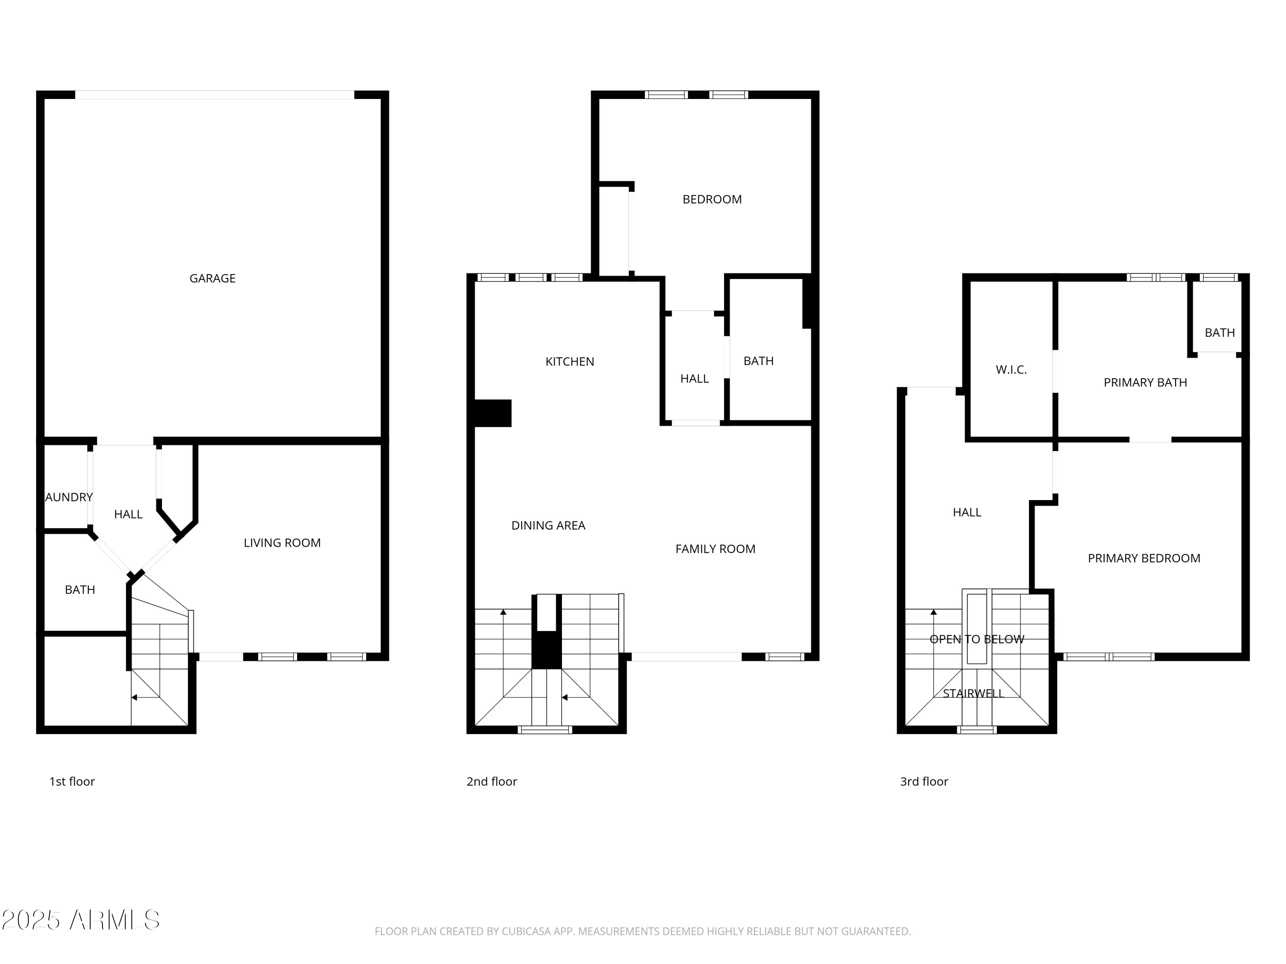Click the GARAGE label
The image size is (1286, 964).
212,278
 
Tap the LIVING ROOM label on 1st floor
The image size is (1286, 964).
282,543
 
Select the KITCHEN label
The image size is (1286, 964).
569,362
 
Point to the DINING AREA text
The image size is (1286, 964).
548,525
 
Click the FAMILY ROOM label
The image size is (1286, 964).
715,549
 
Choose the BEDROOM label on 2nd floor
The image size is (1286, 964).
712,199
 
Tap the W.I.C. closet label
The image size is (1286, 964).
1011,370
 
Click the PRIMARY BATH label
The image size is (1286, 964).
1145,382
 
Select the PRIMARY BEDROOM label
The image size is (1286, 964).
1144,558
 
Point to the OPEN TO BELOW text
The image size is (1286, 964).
977,639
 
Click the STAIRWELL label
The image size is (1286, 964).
973,693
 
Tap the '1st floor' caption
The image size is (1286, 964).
72,781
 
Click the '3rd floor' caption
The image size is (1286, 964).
924,781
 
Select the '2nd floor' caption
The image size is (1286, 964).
492,781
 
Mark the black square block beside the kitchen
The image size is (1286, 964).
493,413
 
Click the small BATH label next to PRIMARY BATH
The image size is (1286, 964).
1219,333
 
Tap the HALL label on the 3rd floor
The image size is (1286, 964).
966,512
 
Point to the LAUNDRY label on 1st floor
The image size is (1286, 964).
69,497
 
